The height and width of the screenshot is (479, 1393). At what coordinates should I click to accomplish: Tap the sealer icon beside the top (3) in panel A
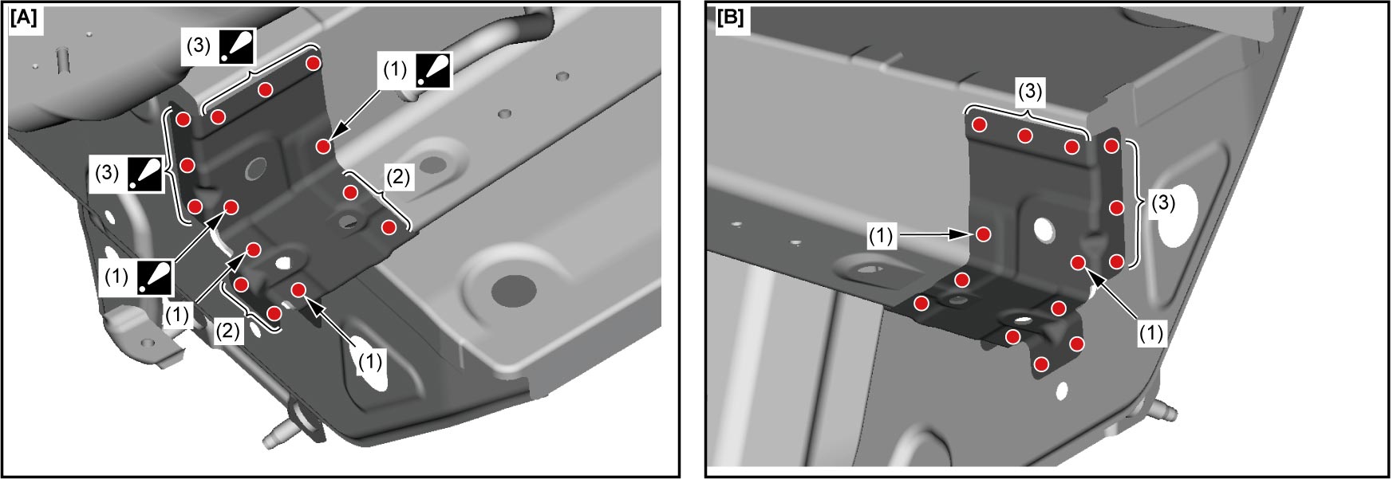tap(237, 47)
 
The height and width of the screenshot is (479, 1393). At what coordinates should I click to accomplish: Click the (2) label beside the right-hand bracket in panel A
tap(397, 176)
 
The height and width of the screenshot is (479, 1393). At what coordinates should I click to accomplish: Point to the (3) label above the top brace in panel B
tap(1029, 92)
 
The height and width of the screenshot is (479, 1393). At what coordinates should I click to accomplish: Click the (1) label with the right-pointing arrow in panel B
tap(882, 236)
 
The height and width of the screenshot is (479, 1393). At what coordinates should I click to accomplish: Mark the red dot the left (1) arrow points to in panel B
tap(984, 234)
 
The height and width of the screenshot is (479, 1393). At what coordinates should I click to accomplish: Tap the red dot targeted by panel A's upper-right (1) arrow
tap(323, 146)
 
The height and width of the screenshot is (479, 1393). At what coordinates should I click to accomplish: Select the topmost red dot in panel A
tap(314, 63)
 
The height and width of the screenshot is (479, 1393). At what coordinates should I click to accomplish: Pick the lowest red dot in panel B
tap(1041, 364)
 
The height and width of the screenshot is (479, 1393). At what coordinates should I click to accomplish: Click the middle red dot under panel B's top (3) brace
tap(1025, 136)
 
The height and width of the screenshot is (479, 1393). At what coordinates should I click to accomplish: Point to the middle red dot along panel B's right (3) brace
tap(1116, 208)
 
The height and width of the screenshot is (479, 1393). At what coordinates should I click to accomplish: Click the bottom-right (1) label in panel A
tap(370, 362)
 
